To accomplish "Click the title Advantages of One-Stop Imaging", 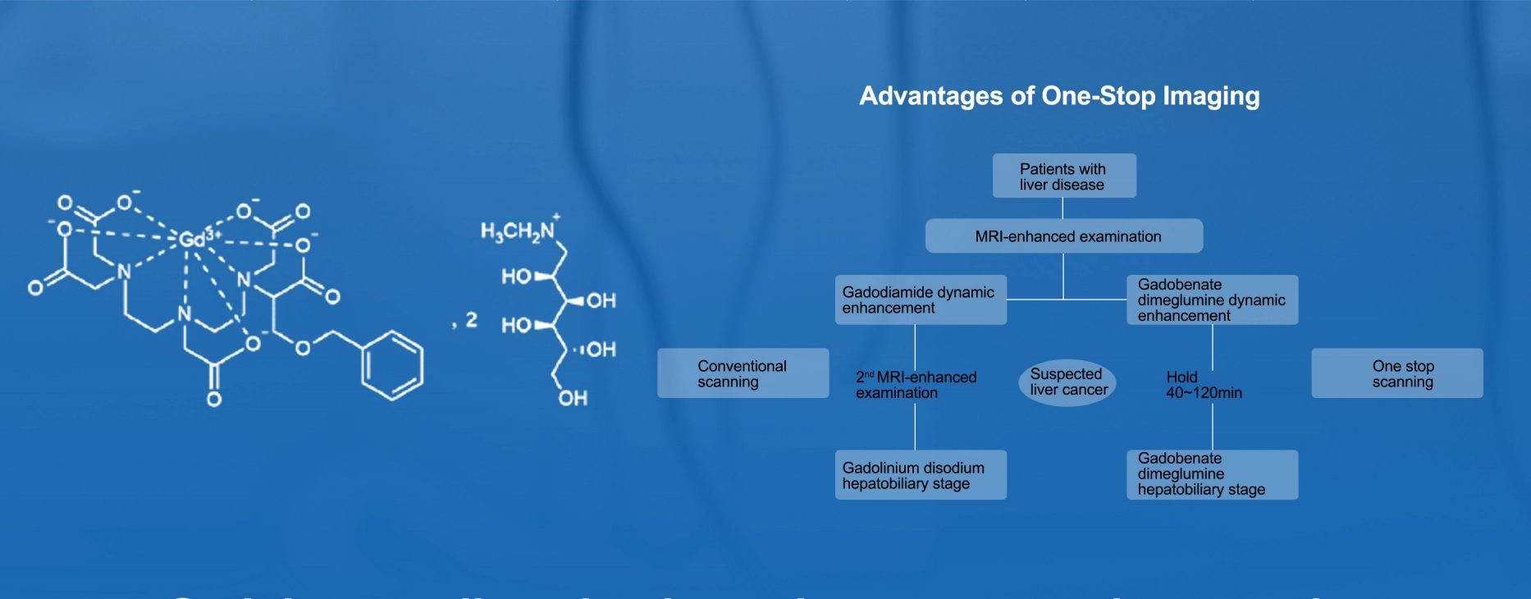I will (1058, 96).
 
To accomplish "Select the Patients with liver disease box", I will (1063, 176).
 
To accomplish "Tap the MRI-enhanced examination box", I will (1063, 236).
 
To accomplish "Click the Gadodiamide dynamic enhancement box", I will (920, 300).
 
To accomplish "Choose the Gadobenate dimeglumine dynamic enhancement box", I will (1211, 300).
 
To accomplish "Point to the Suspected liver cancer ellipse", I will (1067, 382).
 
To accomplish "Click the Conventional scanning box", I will (742, 373).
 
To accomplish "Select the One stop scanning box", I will (1396, 373).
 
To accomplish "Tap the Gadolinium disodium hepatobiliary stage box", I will (920, 475).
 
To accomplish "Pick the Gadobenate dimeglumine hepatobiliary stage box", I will (1211, 474).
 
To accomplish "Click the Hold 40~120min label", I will (1203, 385).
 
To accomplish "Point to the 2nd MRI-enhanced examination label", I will (916, 385).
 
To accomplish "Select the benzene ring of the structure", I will (393, 365).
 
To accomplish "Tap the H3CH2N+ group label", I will (519, 231).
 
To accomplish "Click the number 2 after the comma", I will (472, 319).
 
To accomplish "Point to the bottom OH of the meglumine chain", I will (573, 399).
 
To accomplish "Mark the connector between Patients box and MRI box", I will (1063, 208).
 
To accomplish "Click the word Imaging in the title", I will (1210, 96).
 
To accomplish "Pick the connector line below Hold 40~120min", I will (1213, 427).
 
